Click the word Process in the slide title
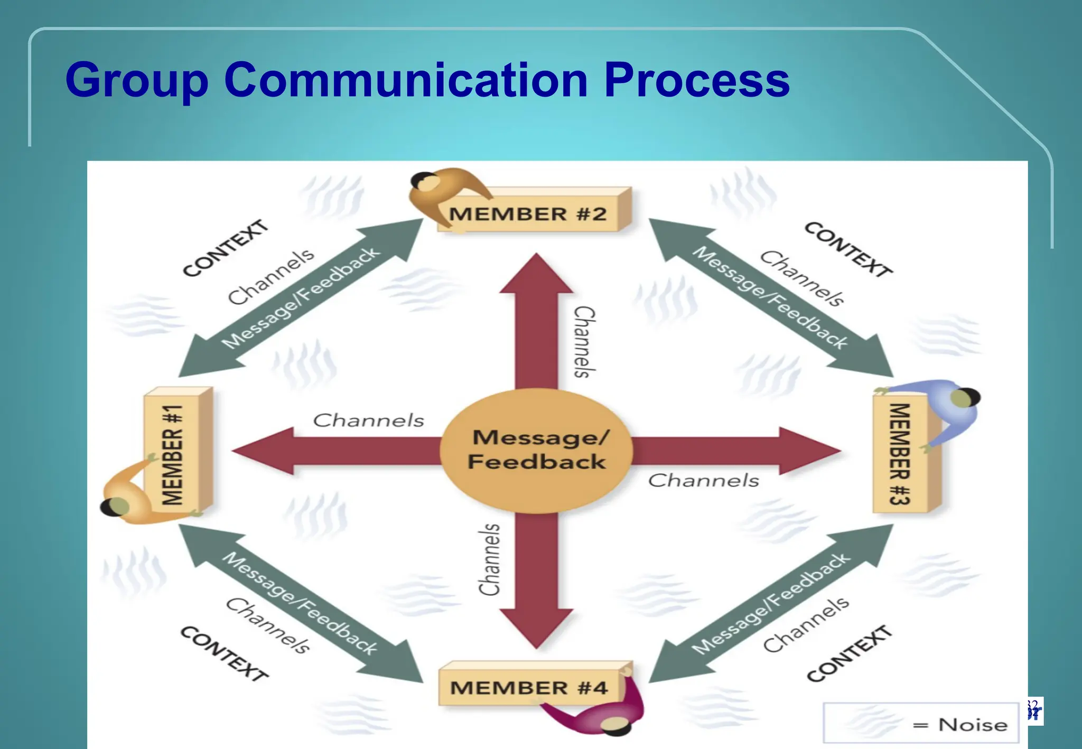(x=696, y=80)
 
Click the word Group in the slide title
(x=137, y=80)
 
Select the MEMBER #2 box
(x=528, y=213)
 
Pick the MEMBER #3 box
(x=900, y=454)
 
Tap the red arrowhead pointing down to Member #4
(x=536, y=629)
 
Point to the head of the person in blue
(x=967, y=398)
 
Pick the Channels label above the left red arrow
(x=368, y=420)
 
